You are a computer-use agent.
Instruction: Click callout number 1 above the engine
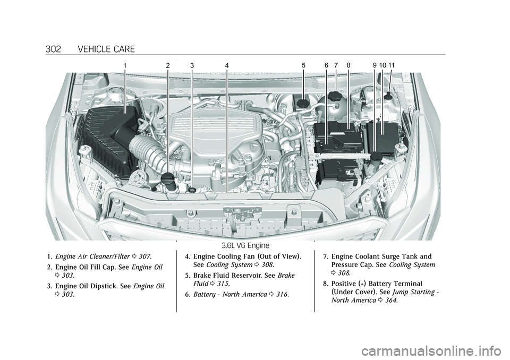(125, 65)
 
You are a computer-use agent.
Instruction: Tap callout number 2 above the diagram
(167, 65)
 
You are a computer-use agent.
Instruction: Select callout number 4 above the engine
(226, 65)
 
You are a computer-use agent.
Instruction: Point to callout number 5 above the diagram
(303, 65)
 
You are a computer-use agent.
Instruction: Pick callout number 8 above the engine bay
(348, 65)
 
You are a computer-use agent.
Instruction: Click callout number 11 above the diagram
(392, 65)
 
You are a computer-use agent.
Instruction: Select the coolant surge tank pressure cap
(336, 97)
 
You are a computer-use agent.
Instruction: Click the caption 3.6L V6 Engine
(245, 245)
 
